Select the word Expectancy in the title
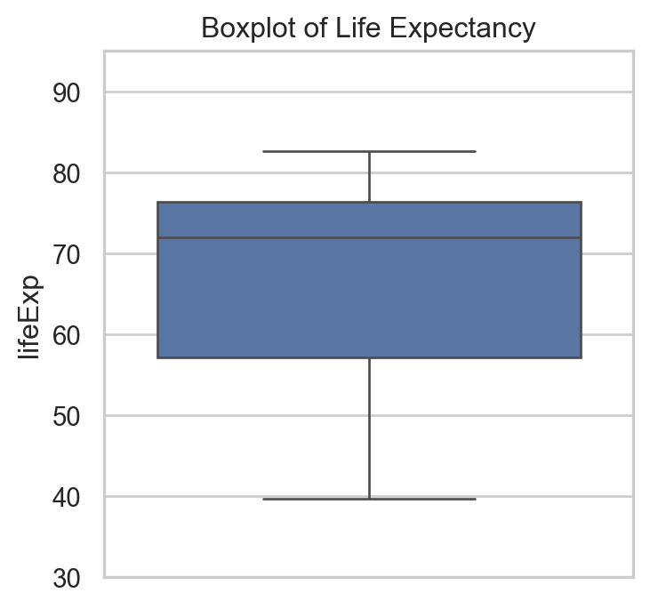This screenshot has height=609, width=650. pyautogui.click(x=453, y=28)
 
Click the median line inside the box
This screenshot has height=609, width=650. pyautogui.click(x=369, y=238)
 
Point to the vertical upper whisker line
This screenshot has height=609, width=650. pyautogui.click(x=369, y=177)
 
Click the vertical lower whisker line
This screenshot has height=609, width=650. pyautogui.click(x=369, y=427)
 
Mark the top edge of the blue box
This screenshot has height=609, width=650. pyautogui.click(x=267, y=203)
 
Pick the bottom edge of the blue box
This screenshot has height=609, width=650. pyautogui.click(x=267, y=357)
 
